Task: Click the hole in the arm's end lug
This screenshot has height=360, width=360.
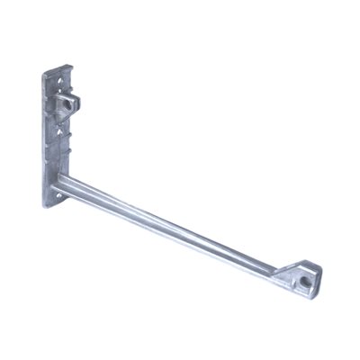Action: point(308,280)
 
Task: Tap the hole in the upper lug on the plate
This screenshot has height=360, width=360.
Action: point(67,105)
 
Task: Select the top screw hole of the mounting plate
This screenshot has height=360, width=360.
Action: point(57,88)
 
